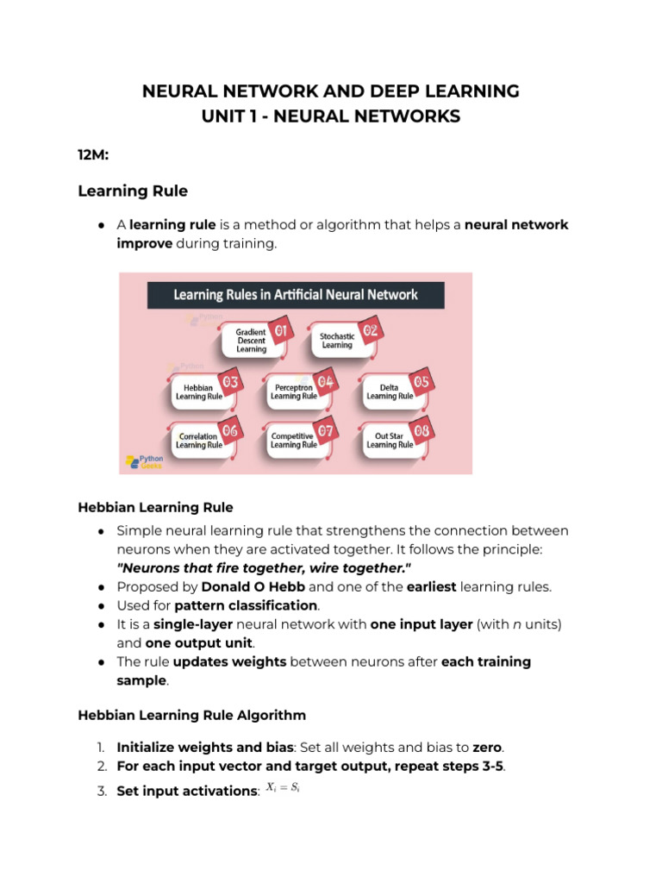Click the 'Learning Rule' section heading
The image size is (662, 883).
click(133, 191)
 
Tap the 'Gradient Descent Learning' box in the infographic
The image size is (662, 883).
click(252, 340)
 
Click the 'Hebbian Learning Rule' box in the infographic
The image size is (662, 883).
click(198, 393)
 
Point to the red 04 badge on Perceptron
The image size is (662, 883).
click(325, 380)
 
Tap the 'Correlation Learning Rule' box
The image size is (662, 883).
click(198, 441)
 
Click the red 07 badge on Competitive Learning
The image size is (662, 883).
click(325, 429)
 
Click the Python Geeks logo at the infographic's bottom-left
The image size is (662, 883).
click(143, 460)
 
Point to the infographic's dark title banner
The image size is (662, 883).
click(296, 295)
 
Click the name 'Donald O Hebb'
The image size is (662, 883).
click(253, 586)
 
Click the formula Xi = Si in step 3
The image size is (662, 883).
click(282, 787)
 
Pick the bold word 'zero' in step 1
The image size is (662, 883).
click(487, 747)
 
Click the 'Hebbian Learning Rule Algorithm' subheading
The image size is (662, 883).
click(191, 716)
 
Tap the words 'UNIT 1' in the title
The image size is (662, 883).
click(228, 116)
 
